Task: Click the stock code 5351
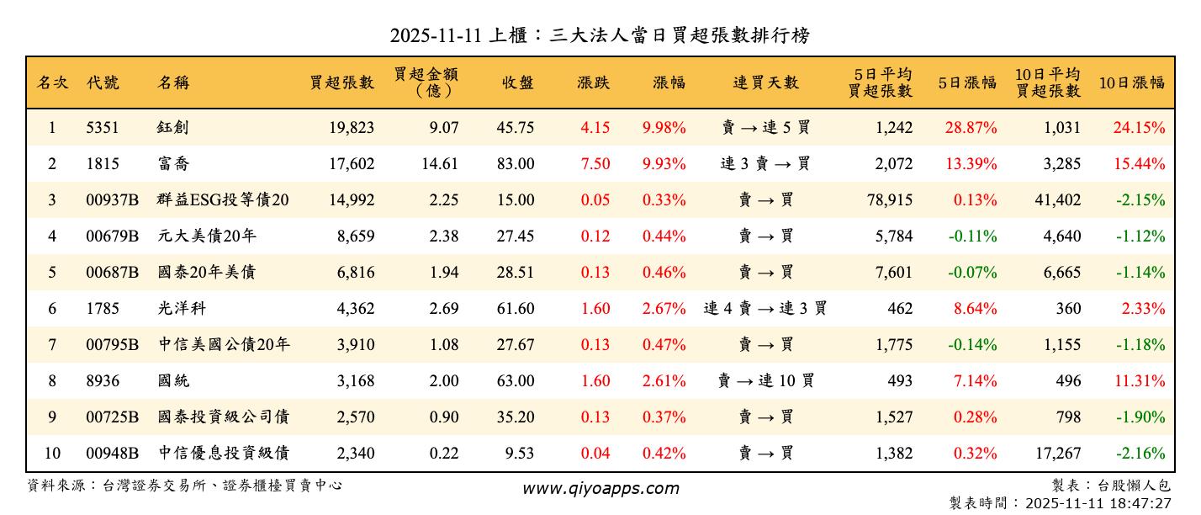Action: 103,128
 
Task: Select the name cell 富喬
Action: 174,164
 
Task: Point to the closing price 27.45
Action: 515,236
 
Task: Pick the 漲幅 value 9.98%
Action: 664,128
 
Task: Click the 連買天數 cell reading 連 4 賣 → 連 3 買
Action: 765,309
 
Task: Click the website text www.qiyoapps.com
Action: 600,488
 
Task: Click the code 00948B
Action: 112,454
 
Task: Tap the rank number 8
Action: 52,381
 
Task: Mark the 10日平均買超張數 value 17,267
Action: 1056,454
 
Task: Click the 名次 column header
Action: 52,82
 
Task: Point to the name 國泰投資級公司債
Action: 224,417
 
